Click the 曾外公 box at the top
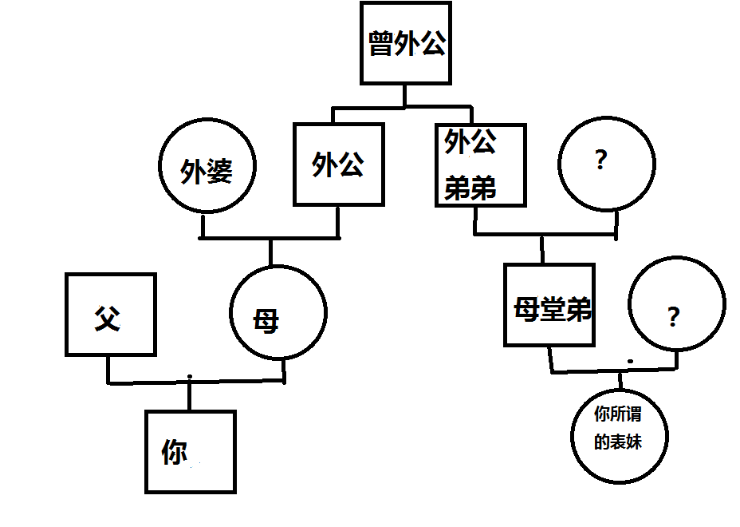[405, 43]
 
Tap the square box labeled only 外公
[338, 164]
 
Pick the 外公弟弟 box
[480, 165]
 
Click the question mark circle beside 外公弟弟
[606, 164]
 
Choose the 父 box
[110, 314]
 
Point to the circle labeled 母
[277, 311]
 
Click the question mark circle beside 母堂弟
[676, 304]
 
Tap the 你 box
[190, 451]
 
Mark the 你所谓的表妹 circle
[619, 435]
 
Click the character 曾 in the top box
[380, 44]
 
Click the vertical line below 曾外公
[405, 95]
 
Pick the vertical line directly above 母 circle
[271, 252]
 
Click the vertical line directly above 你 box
[190, 395]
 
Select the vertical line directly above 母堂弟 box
[543, 248]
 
